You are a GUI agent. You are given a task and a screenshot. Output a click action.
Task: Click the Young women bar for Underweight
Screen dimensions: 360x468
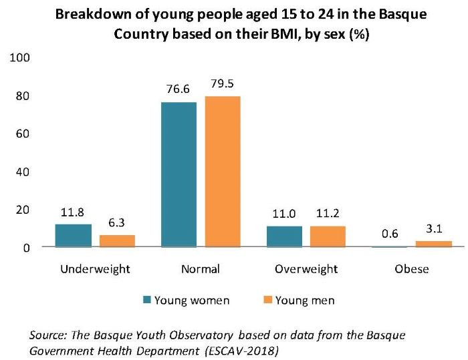73,236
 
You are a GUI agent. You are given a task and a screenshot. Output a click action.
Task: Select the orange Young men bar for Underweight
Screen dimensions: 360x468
117,241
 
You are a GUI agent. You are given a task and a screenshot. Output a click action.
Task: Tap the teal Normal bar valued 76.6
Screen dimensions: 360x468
179,175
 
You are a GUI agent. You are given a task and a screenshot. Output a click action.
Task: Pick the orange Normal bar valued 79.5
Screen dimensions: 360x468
223,172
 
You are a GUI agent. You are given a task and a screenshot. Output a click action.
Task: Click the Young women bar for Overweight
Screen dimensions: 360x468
284,236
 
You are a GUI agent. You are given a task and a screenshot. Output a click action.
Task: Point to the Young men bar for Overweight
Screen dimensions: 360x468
328,236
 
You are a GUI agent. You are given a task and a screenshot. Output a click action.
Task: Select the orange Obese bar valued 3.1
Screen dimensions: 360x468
434,244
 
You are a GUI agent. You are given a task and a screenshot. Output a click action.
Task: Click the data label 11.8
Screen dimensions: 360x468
73,214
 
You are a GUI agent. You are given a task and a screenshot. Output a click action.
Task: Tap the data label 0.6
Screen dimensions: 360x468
390,235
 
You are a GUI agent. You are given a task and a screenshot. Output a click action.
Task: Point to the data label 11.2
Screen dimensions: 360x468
328,215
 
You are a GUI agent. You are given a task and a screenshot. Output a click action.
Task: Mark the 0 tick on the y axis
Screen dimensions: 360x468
27,248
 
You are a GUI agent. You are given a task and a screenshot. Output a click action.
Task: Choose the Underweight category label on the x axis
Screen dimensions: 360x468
95,270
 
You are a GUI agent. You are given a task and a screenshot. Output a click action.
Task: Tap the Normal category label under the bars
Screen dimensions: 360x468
200,270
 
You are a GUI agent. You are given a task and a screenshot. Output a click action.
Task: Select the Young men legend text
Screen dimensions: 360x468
306,300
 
